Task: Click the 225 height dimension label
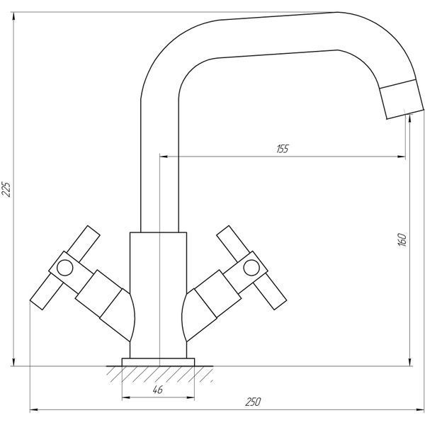[6, 189]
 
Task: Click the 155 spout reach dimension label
[283, 149]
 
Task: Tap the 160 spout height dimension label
[402, 239]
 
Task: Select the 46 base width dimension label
[158, 390]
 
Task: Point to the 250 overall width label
[253, 402]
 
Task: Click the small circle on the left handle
[64, 268]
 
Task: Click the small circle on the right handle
[251, 268]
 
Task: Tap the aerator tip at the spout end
[402, 99]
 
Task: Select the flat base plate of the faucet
[158, 362]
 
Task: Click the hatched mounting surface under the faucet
[159, 374]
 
